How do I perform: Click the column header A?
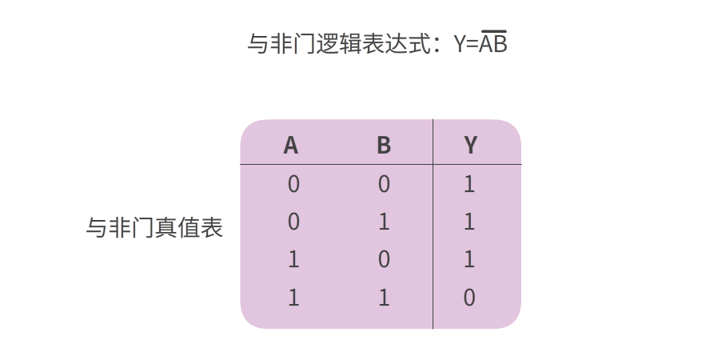291,146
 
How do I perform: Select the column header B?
384,146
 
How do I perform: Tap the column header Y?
470,146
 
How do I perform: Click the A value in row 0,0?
293,184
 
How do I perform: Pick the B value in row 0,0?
384,184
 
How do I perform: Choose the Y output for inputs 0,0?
469,184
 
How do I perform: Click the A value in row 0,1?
293,222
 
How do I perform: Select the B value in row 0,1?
384,222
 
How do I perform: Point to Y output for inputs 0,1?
469,222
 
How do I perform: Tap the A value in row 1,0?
293,259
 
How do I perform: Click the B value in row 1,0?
384,259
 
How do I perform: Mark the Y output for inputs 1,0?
469,259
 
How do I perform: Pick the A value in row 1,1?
293,298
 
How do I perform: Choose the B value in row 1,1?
384,298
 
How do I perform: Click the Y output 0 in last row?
469,298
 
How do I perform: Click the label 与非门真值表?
154,227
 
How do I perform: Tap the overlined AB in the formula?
493,42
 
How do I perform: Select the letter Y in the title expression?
460,44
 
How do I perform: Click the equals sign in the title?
473,44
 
